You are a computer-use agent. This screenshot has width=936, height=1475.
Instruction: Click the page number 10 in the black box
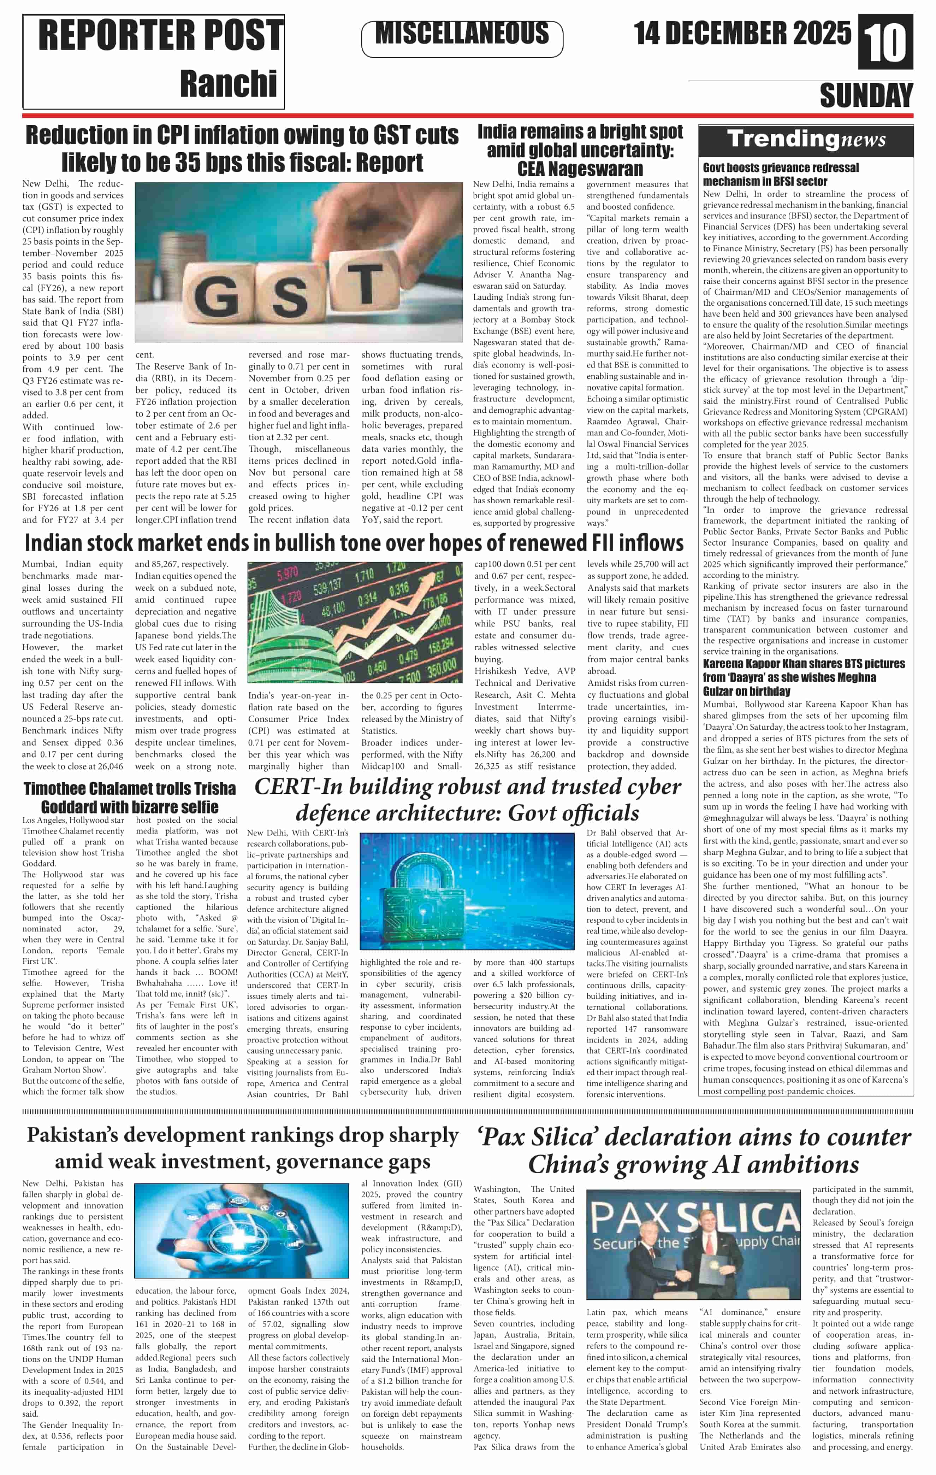point(885,43)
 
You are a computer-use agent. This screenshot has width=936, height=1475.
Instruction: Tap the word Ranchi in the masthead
point(228,83)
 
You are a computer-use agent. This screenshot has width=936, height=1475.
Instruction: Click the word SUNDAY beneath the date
point(866,96)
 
